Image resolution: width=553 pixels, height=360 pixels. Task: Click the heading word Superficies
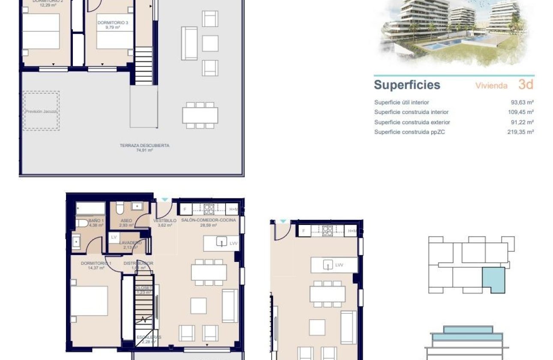tap(407, 85)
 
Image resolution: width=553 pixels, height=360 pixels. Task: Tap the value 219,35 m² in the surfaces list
tap(520, 132)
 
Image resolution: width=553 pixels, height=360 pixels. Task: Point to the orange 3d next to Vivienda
tap(526, 84)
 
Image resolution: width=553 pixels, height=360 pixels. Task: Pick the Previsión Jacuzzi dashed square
tap(41, 111)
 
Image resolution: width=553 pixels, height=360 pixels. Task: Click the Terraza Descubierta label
tap(138, 146)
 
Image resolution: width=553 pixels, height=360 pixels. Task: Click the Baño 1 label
tap(94, 221)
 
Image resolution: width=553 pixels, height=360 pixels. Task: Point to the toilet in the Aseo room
tap(120, 208)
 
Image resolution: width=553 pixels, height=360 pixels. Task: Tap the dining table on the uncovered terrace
tap(200, 115)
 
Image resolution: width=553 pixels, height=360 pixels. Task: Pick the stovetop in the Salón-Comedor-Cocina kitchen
tap(209, 209)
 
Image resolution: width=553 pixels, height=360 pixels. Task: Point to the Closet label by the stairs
tap(144, 288)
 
